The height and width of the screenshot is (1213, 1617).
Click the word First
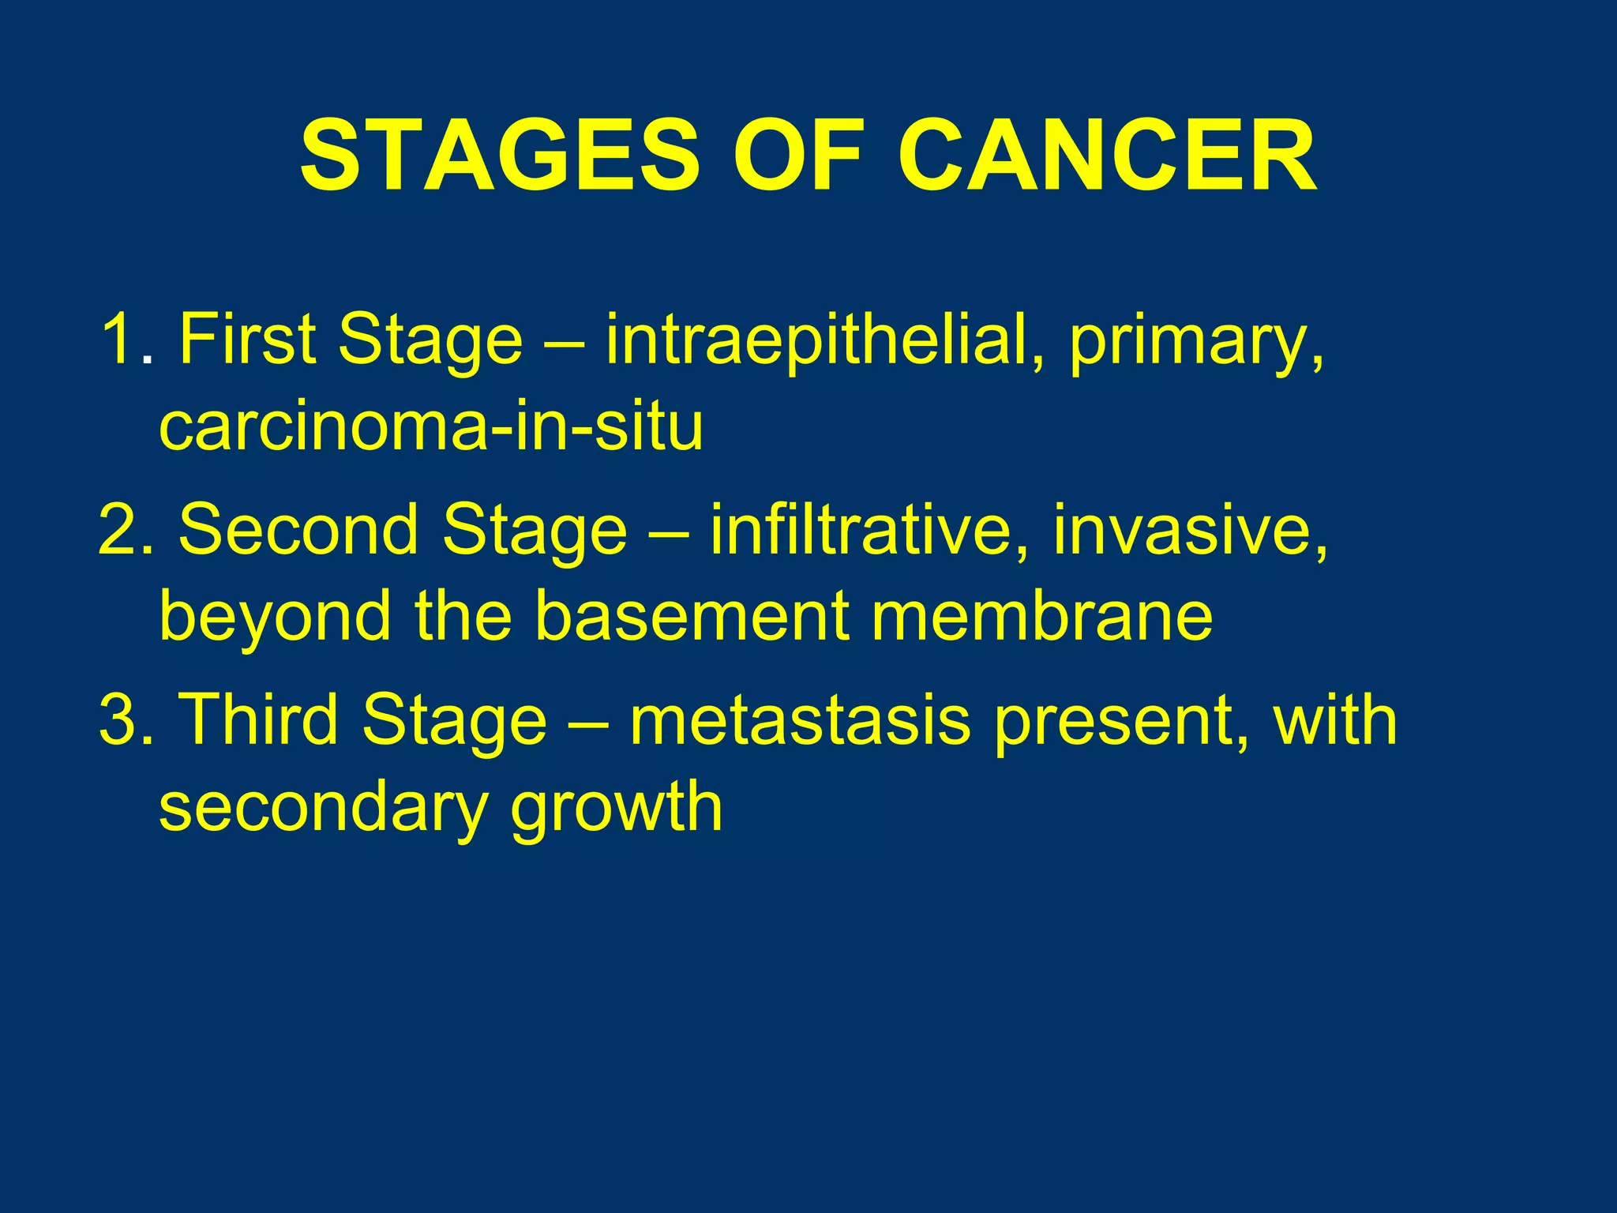pyautogui.click(x=246, y=340)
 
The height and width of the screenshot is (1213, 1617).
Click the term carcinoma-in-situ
pyautogui.click(x=431, y=426)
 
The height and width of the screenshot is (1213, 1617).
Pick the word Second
pyautogui.click(x=298, y=531)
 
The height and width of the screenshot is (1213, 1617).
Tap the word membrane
pyautogui.click(x=1041, y=617)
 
